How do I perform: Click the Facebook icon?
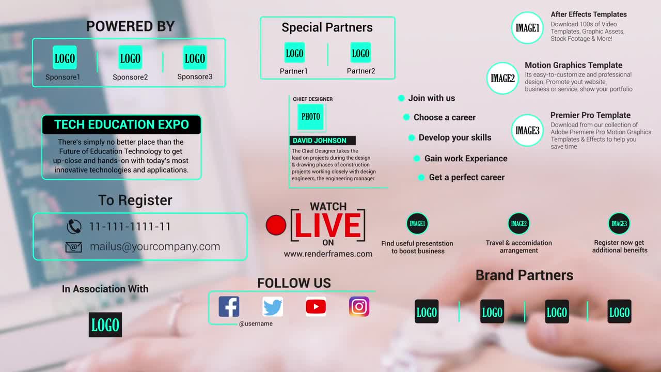click(x=229, y=306)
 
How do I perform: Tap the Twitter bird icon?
click(x=272, y=306)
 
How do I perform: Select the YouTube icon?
click(x=316, y=306)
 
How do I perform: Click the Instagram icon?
click(x=359, y=306)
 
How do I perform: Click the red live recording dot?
click(x=276, y=225)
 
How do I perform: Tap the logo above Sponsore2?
click(x=130, y=58)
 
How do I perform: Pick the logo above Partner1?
click(x=294, y=53)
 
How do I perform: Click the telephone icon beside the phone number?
click(x=74, y=226)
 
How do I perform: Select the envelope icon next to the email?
click(x=74, y=247)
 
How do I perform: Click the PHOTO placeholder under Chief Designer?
click(x=311, y=117)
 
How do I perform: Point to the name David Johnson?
click(x=320, y=141)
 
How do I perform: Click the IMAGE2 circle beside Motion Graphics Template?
click(x=502, y=79)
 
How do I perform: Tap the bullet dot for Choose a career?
click(x=406, y=117)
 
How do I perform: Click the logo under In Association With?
click(x=105, y=325)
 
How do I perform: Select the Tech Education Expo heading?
click(x=121, y=125)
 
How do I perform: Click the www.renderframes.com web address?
click(x=328, y=254)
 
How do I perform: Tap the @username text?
click(x=256, y=324)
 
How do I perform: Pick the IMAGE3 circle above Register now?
click(x=619, y=224)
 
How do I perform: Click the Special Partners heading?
click(x=327, y=28)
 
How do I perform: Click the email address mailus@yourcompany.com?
click(x=155, y=246)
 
